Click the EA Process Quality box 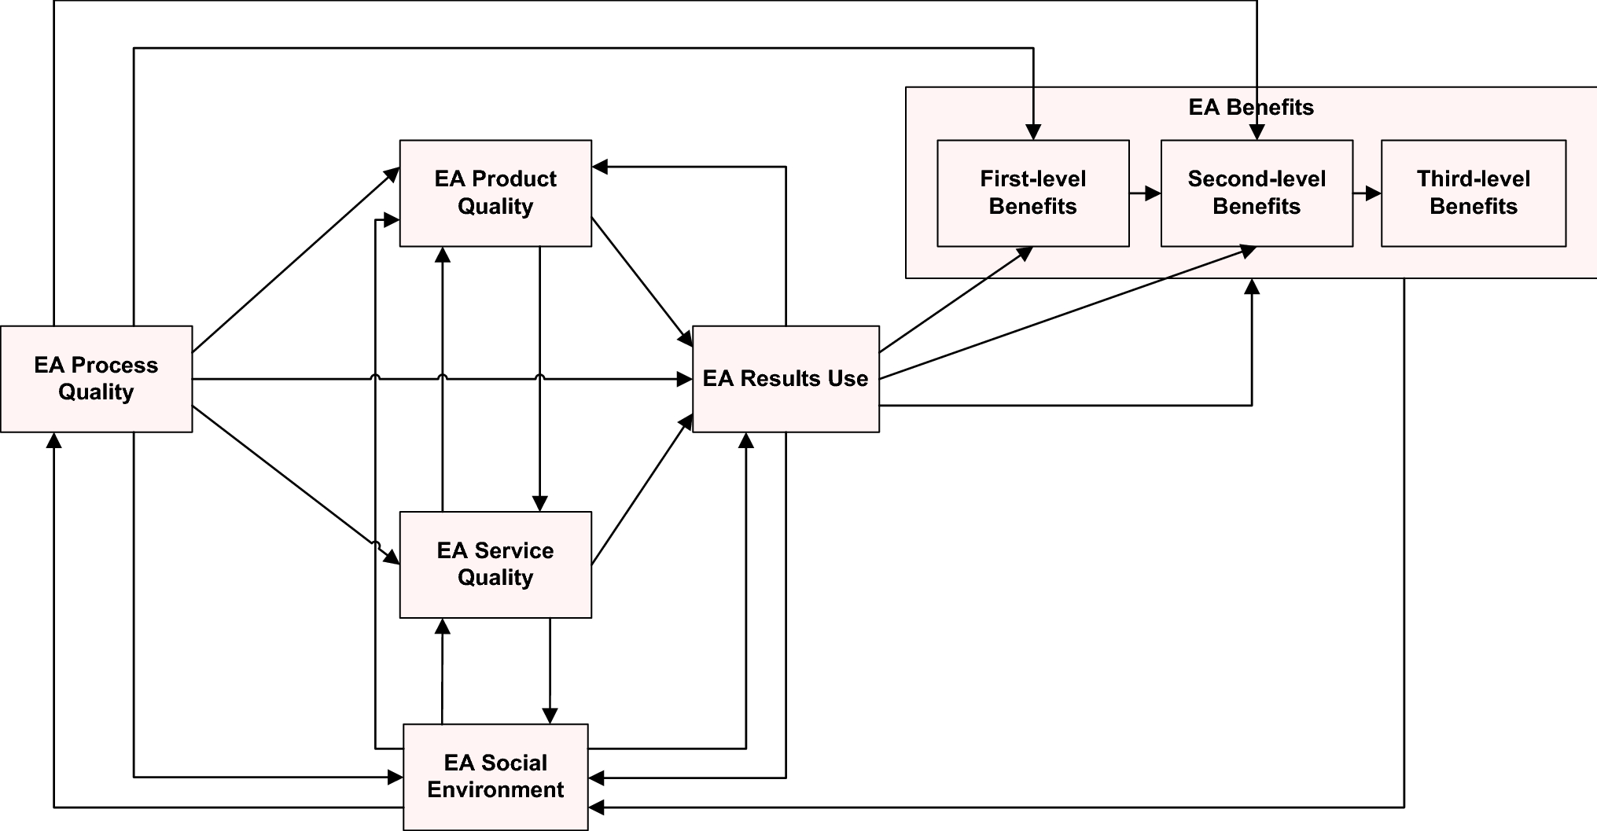96,379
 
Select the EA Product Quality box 495,193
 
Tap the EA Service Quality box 495,564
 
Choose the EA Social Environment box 495,777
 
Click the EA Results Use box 786,379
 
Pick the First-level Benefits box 1032,193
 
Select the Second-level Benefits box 1257,193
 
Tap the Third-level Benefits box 1473,193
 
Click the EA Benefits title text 1250,107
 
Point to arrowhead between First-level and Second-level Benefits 1154,193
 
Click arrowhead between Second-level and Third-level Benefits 1374,193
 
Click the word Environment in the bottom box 495,790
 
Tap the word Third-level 1473,179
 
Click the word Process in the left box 114,366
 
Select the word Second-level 1257,179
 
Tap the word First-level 1032,179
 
